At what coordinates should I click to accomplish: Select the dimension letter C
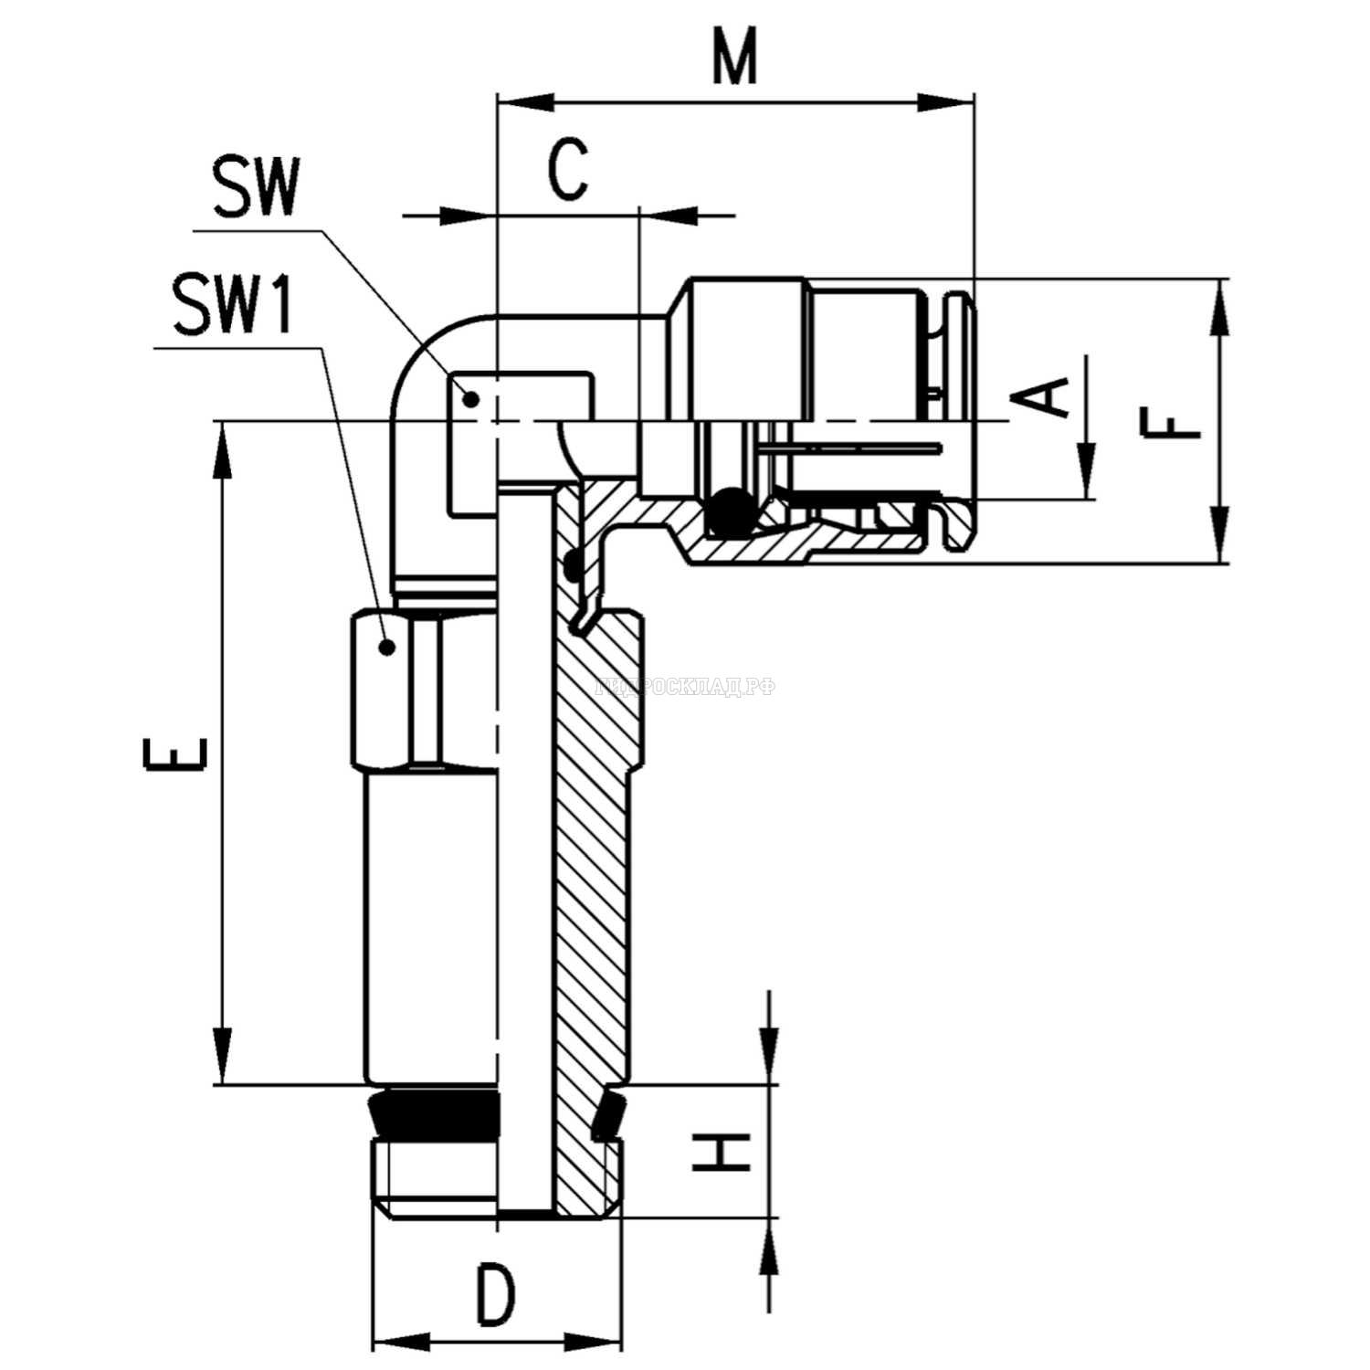pos(568,170)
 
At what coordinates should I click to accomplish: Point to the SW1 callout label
pos(234,307)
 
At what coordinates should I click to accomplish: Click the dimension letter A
pos(1044,396)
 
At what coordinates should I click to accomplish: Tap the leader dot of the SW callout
pos(471,398)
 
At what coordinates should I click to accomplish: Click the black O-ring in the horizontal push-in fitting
pos(731,512)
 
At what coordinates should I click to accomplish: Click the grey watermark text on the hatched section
pos(685,687)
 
